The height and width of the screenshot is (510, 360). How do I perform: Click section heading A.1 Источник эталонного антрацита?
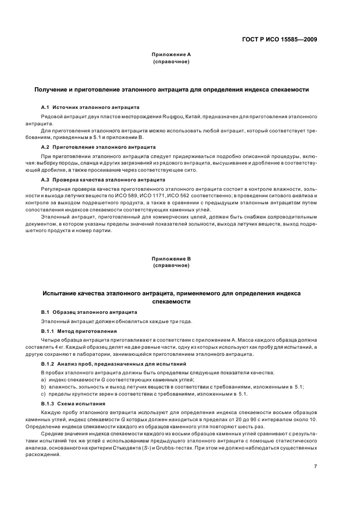[x=90, y=108]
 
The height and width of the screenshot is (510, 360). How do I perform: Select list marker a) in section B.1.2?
[x=44, y=379]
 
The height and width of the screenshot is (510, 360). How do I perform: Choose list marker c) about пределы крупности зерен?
[x=44, y=393]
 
